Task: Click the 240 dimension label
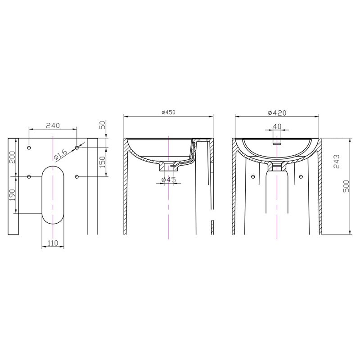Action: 53,126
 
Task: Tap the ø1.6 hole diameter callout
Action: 61,154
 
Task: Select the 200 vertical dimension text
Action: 12,157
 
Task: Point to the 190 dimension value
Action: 12,195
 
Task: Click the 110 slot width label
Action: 53,243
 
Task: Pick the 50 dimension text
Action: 103,125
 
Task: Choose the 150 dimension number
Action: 103,162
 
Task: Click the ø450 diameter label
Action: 168,112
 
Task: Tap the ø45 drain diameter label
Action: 168,180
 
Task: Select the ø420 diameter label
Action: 277,113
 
